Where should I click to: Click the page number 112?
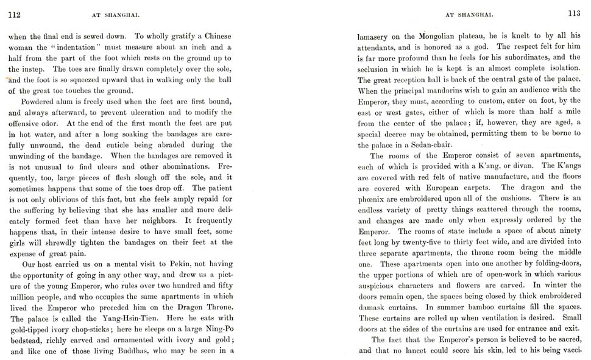tap(13, 16)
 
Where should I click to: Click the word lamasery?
tap(375, 37)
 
